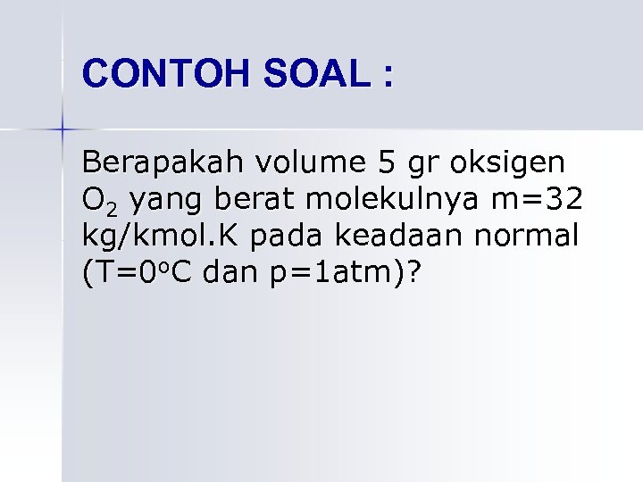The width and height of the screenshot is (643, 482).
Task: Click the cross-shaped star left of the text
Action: (x=63, y=129)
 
